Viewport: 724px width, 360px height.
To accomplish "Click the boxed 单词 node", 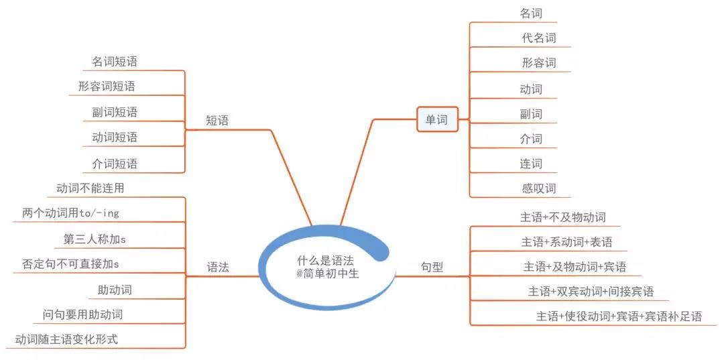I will (x=437, y=119).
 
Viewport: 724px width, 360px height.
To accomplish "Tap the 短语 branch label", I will (x=217, y=121).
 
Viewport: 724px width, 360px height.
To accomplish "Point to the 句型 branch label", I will (x=432, y=267).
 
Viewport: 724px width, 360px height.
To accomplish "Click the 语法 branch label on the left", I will (x=217, y=267).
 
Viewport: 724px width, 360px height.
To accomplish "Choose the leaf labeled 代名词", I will (x=539, y=38).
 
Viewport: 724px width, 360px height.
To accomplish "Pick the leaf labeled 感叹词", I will (x=539, y=188).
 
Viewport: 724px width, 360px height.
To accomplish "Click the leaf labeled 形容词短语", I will (x=107, y=86).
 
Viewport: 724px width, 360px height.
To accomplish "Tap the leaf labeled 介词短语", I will (x=115, y=164).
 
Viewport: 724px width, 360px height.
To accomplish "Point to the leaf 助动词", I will (x=115, y=290).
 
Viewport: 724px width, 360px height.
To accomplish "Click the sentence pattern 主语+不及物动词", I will (x=563, y=217).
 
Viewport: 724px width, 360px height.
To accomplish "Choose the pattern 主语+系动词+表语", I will (x=566, y=242).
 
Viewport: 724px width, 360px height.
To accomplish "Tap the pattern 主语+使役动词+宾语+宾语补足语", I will (x=619, y=316).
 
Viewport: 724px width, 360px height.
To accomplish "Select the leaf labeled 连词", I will (x=531, y=164).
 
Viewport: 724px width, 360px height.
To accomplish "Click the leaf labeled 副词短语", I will (x=115, y=112).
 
